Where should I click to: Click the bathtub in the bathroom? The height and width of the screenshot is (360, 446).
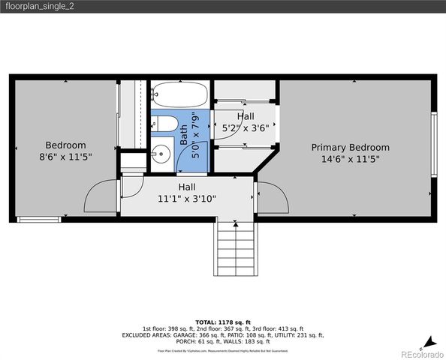point(179,95)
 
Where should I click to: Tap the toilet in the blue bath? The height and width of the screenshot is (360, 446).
point(166,124)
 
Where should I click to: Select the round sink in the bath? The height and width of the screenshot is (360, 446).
point(161,155)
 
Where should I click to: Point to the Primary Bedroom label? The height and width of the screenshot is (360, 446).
point(350,148)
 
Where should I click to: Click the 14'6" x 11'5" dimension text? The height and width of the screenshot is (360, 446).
point(350,159)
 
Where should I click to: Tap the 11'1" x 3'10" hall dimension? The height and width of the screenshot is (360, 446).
point(187,199)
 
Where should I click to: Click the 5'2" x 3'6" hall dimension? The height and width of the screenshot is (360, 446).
point(245,128)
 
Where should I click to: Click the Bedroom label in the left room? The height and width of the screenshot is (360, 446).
point(65,145)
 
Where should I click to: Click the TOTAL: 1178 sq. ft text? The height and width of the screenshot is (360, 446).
point(223,321)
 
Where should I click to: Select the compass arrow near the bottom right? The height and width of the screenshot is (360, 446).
point(429,340)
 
